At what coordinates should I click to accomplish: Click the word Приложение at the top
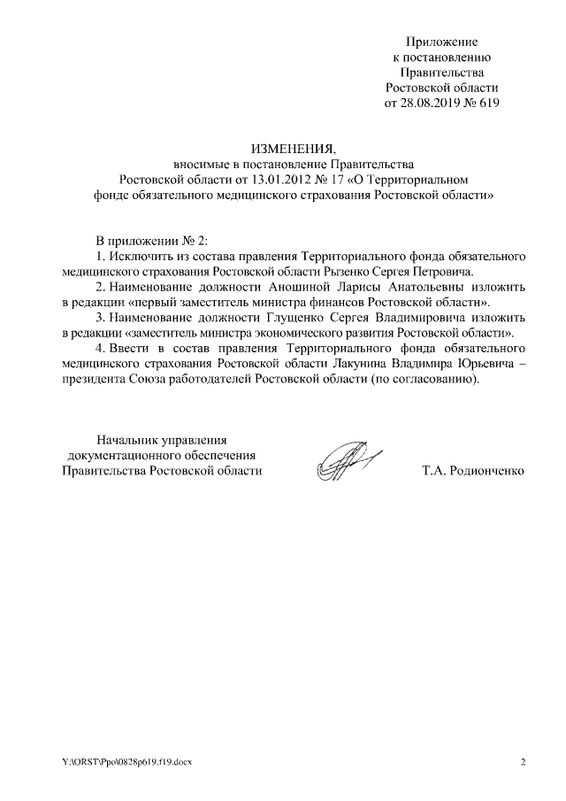[441, 42]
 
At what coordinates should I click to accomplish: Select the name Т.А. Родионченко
[473, 470]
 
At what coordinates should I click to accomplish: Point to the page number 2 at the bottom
[523, 763]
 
